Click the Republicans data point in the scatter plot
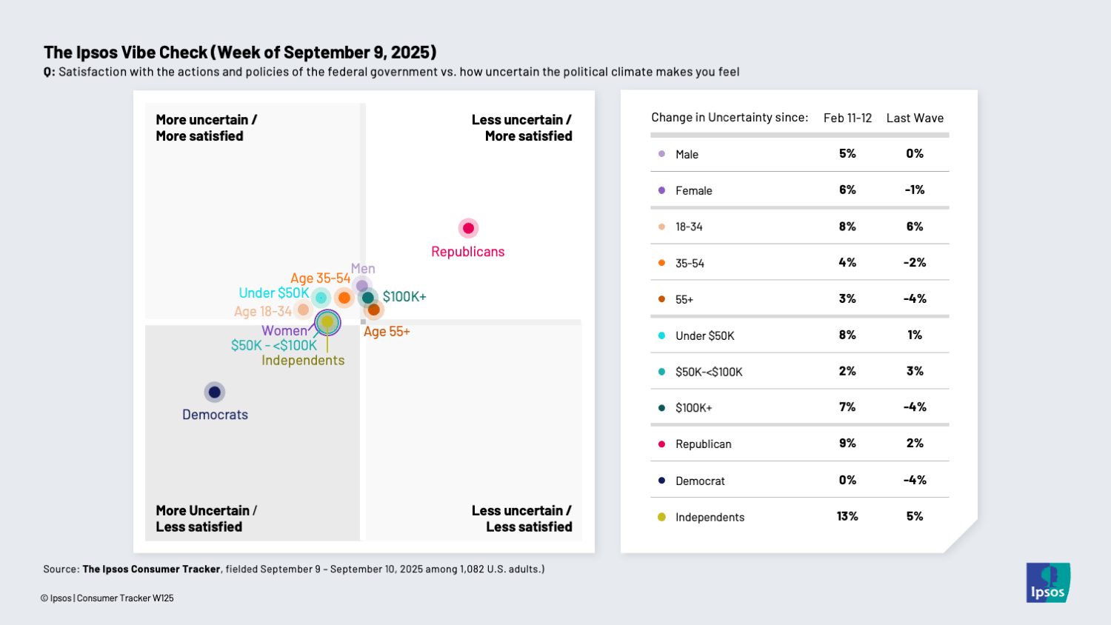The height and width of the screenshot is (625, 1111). coord(468,228)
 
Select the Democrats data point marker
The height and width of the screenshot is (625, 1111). coord(215,392)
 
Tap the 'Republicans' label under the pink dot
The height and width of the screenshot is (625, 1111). coord(468,252)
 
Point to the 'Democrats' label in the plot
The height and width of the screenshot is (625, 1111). coord(215,415)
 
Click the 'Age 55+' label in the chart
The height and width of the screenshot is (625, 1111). coord(387,332)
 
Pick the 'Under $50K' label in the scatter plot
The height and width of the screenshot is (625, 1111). coord(274,293)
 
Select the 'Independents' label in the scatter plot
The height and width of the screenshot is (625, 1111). coord(303,361)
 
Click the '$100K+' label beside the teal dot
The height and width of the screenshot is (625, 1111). coord(404,297)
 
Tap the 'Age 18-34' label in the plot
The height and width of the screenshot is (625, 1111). coord(263,312)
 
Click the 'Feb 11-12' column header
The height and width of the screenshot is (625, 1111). coord(847,118)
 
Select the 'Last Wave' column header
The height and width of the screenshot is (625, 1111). coord(915,118)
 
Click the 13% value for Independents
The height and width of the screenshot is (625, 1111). coord(847,516)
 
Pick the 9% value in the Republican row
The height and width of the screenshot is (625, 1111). coord(847,444)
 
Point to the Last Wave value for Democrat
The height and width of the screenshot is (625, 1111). coord(915,480)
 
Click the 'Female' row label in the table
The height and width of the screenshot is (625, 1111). coord(694,190)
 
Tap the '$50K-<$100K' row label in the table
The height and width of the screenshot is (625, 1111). coord(709,372)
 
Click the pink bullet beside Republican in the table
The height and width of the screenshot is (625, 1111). coord(661,444)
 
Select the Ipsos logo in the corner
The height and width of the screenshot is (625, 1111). coord(1048,583)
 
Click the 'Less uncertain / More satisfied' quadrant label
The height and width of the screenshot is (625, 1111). coord(522,127)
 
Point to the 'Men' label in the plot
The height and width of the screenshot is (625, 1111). coord(363,269)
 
